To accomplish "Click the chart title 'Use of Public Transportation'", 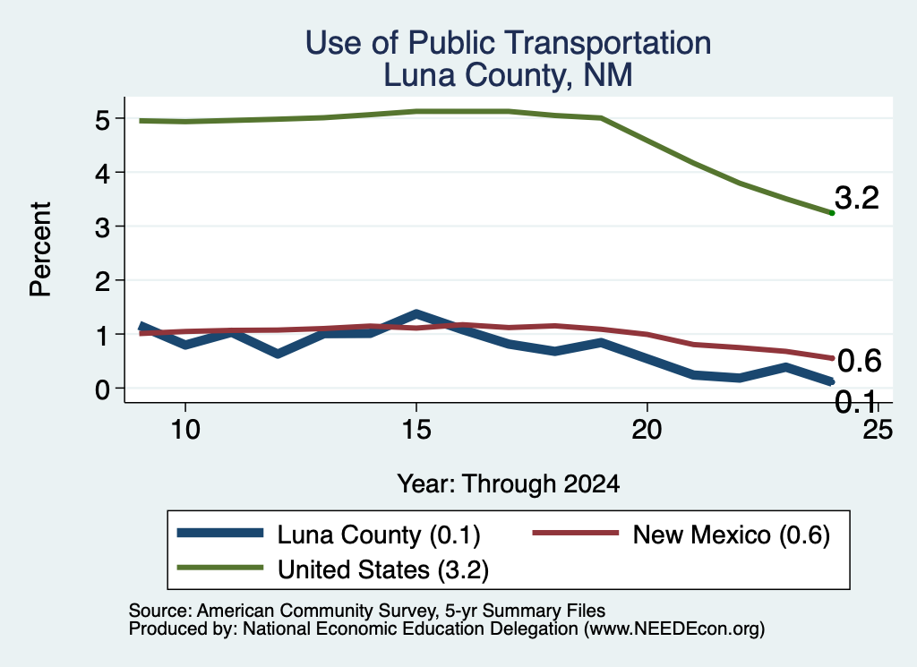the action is click(x=509, y=43).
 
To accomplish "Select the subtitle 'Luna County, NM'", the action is click(x=509, y=75).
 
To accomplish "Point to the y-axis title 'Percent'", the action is click(x=40, y=249).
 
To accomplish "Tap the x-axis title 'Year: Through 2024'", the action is click(x=509, y=484).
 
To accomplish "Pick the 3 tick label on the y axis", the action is click(x=102, y=227).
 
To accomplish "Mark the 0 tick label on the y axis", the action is click(x=102, y=389).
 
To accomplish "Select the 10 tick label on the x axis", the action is click(x=185, y=430).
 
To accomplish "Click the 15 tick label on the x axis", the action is click(x=416, y=430).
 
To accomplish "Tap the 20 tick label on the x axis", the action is click(x=647, y=430).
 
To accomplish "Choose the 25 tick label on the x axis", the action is click(x=878, y=430).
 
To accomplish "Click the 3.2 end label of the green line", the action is click(x=857, y=198).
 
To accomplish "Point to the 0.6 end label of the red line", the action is click(x=859, y=361).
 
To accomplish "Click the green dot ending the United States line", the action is click(x=832, y=213).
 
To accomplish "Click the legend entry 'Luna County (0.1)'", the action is click(x=329, y=534).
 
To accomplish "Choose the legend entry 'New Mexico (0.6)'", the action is click(x=681, y=534).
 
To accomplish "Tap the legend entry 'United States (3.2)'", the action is click(x=333, y=569).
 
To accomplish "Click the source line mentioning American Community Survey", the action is click(x=366, y=611).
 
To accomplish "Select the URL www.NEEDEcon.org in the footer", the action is click(x=674, y=629).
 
